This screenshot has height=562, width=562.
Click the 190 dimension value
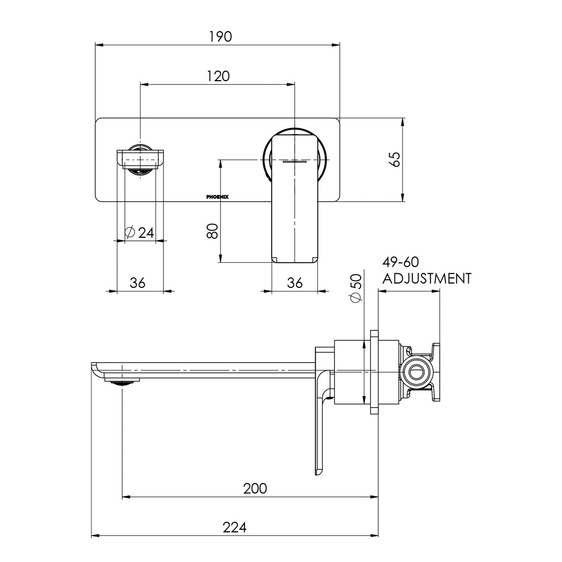point(221,36)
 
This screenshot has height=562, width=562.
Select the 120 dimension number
point(218,76)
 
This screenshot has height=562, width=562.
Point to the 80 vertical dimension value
point(212,231)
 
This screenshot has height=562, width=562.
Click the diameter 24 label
point(139,233)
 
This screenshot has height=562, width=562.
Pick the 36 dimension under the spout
point(137,283)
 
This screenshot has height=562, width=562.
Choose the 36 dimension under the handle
point(295,283)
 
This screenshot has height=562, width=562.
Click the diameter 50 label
point(356,288)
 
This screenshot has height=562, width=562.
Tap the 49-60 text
point(400,262)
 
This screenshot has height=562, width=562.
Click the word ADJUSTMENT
point(427,278)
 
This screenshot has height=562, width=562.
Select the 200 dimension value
point(255,489)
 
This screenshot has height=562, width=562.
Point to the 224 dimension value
point(234,528)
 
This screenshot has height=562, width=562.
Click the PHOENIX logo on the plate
point(217,197)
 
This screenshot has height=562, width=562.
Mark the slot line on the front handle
point(295,162)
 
